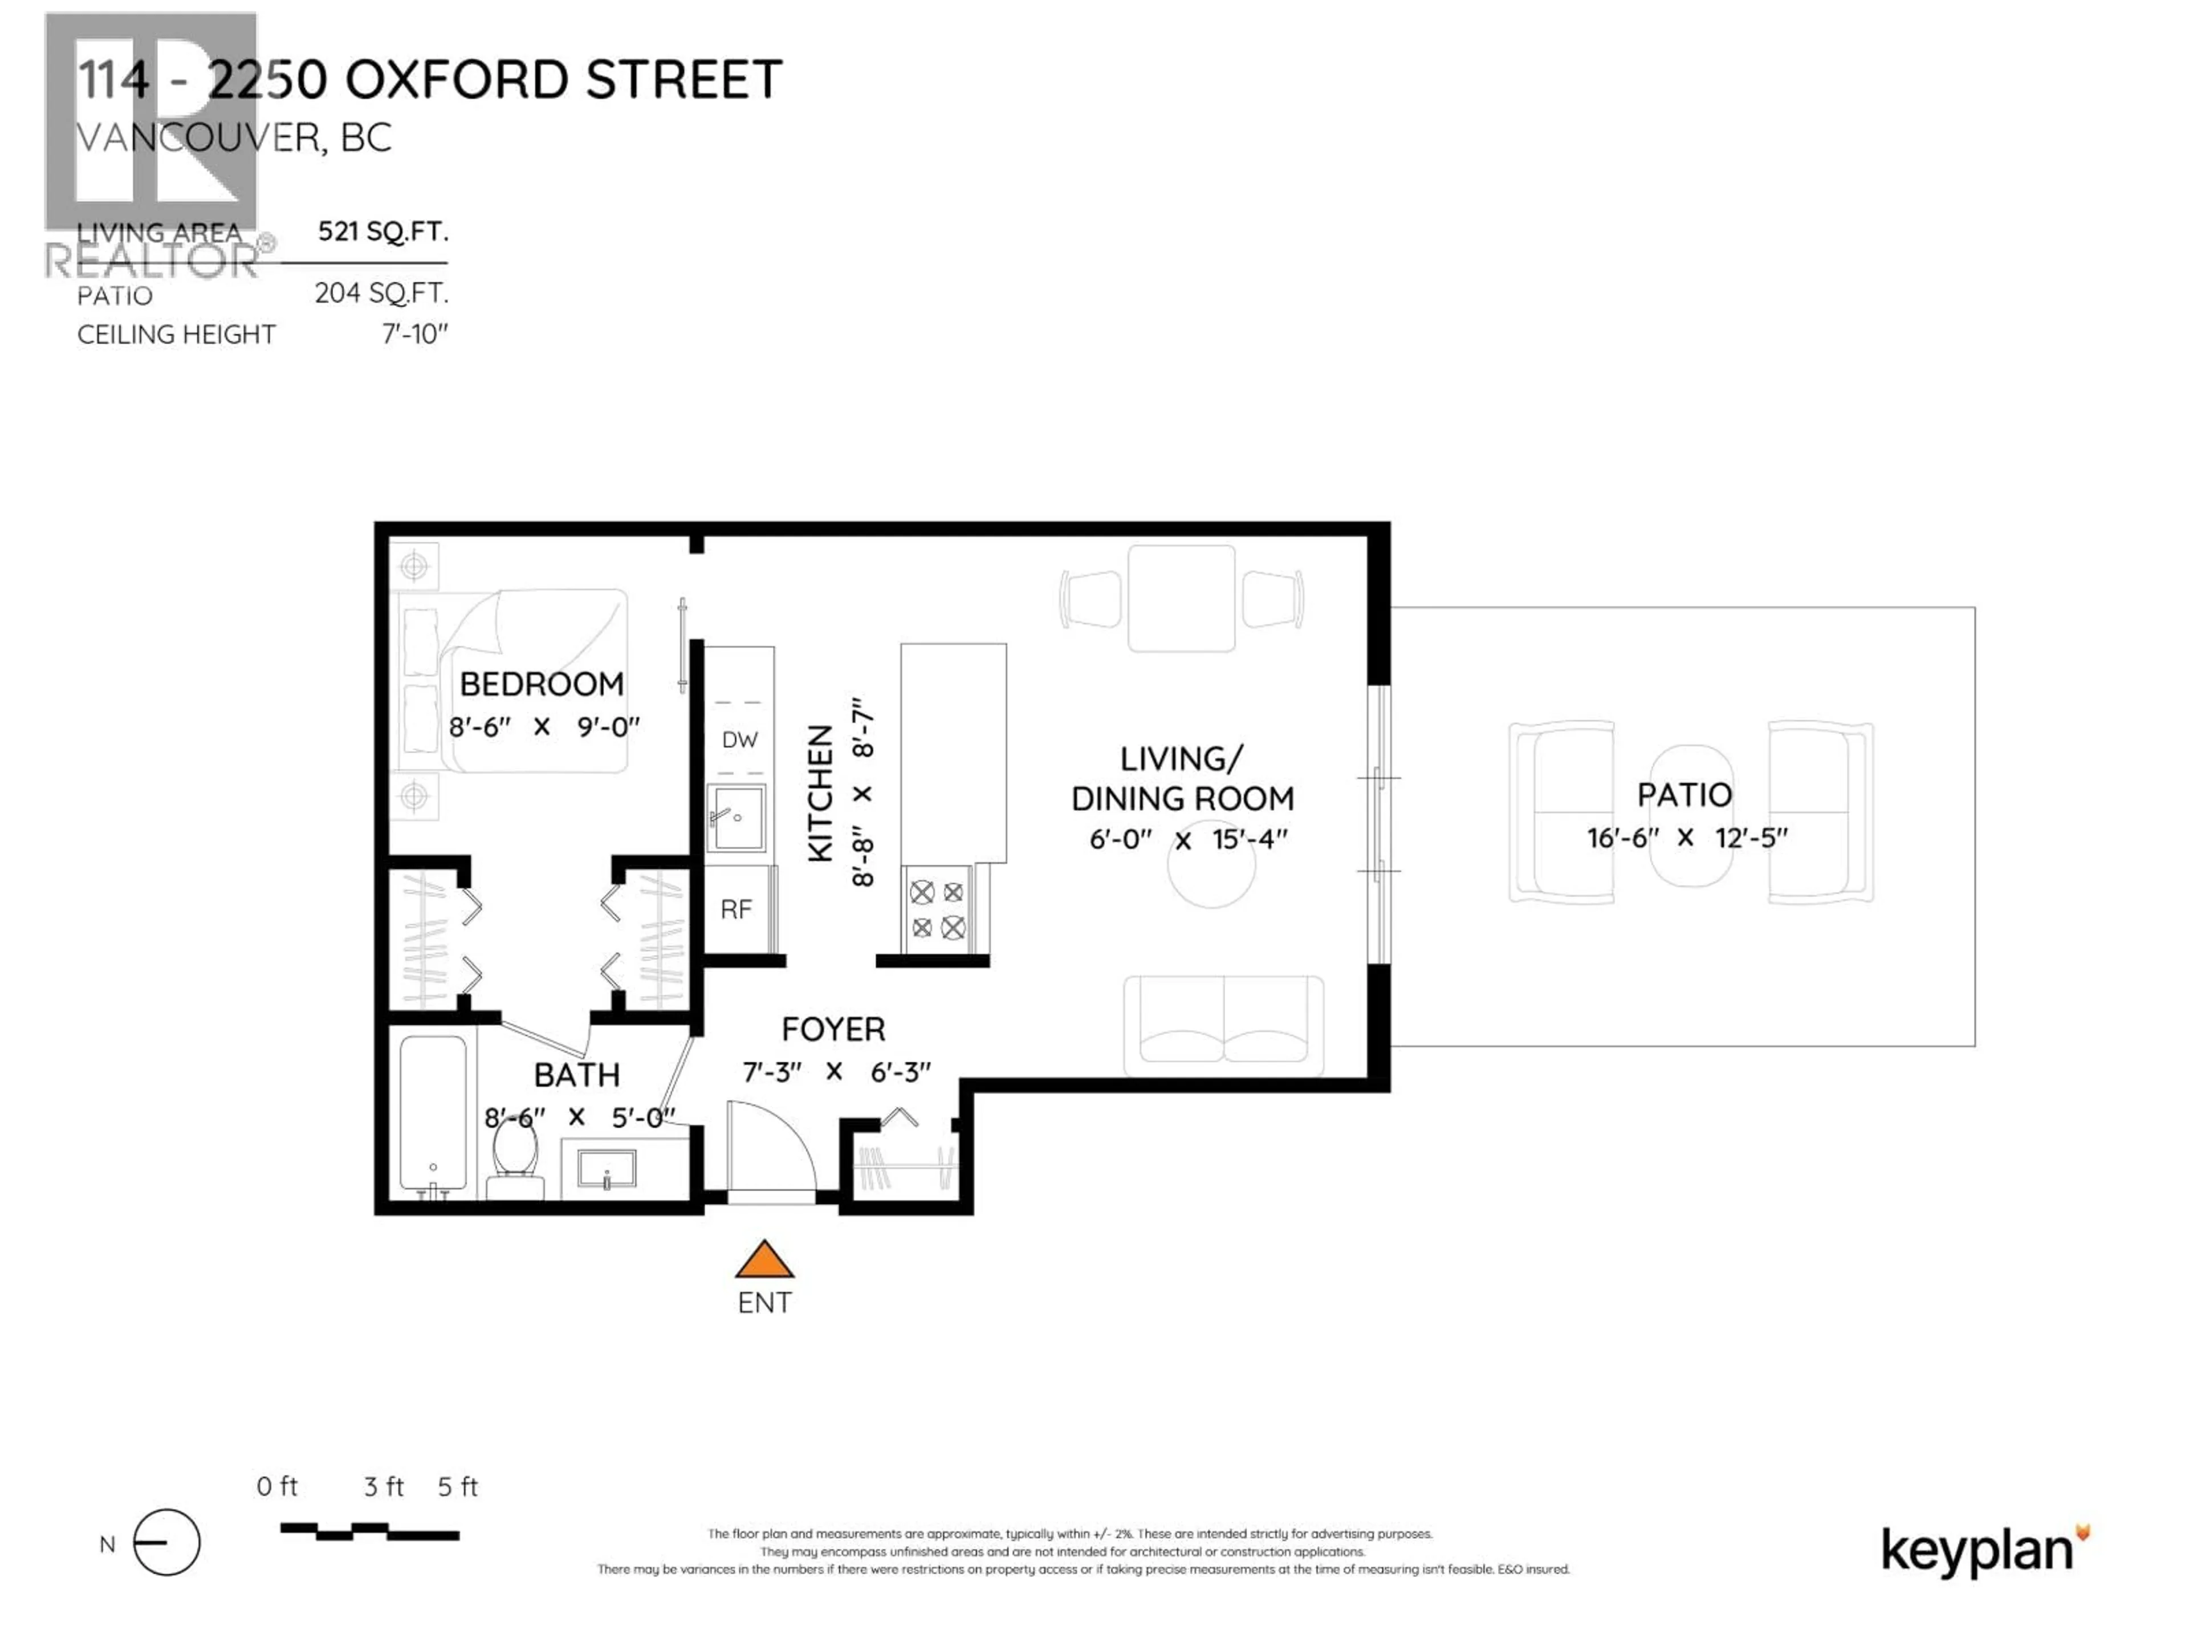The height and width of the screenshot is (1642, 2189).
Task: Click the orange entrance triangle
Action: pos(764,1261)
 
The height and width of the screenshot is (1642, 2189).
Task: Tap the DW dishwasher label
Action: pos(739,739)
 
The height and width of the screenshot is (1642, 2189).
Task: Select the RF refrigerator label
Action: pos(735,909)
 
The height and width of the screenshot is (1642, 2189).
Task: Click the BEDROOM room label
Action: pos(542,684)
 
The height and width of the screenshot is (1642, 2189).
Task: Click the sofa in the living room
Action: pos(1223,1025)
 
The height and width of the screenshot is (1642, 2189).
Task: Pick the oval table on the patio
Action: pos(1690,815)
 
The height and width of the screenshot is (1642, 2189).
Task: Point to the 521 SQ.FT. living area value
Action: pos(383,231)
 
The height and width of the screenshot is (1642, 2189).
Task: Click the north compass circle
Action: pos(166,1543)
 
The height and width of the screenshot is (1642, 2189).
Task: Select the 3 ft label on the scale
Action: pos(383,1486)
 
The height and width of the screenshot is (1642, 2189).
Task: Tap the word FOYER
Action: pos(833,1029)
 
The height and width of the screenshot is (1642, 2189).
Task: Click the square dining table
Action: pos(1182,598)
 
